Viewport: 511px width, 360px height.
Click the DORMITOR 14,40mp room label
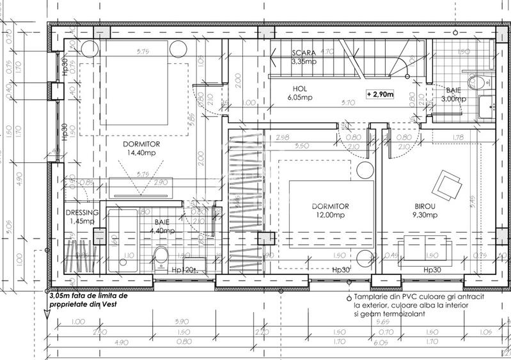(141, 149)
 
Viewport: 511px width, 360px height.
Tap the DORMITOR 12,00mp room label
(330, 211)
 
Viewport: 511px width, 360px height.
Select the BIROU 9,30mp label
(423, 211)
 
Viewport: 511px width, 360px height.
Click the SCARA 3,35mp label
(304, 58)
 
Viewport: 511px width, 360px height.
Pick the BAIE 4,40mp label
(162, 226)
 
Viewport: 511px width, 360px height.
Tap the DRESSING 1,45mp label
(82, 217)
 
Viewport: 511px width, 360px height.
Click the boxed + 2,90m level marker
(381, 94)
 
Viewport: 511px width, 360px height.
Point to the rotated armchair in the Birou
(445, 185)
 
